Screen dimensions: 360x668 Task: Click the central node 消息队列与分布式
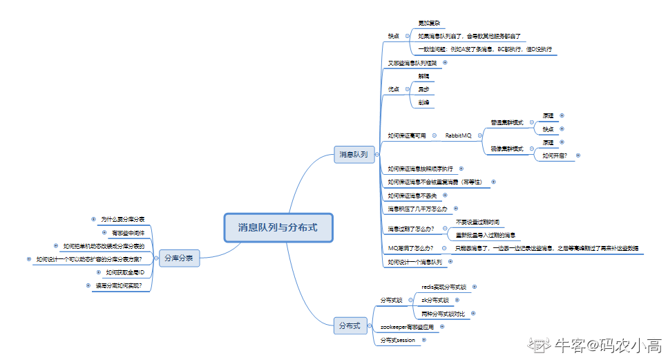pyautogui.click(x=278, y=227)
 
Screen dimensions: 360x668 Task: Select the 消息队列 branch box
pyautogui.click(x=353, y=154)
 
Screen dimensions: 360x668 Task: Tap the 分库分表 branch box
pyautogui.click(x=179, y=259)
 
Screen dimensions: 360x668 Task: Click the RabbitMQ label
pyautogui.click(x=458, y=135)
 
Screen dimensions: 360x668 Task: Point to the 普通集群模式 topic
pyautogui.click(x=507, y=122)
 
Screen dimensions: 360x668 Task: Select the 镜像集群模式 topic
pyautogui.click(x=507, y=149)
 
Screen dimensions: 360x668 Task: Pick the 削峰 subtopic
pyautogui.click(x=423, y=102)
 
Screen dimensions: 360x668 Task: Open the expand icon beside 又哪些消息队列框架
pyautogui.click(x=444, y=63)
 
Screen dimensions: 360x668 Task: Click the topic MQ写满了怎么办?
pyautogui.click(x=410, y=247)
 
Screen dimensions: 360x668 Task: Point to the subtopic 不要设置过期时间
pyautogui.click(x=477, y=222)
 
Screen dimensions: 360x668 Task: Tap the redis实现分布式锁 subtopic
pyautogui.click(x=444, y=286)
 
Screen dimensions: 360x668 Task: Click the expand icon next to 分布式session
pyautogui.click(x=423, y=340)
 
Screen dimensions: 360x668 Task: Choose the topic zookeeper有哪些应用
pyautogui.click(x=407, y=326)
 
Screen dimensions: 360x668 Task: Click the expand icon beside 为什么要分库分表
pyautogui.click(x=93, y=218)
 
